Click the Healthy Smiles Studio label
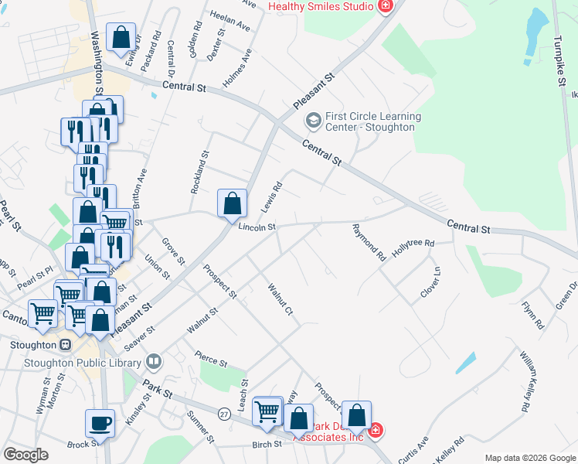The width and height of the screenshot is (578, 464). point(321,6)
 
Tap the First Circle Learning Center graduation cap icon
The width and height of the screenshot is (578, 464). point(313,120)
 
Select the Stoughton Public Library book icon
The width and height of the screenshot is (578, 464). point(155,361)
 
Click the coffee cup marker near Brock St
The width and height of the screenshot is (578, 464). point(100,423)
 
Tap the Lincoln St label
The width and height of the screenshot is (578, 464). point(257,227)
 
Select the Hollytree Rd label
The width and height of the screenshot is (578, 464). point(413,244)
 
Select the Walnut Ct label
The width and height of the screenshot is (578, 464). point(280,300)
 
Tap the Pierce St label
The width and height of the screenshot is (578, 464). point(211,361)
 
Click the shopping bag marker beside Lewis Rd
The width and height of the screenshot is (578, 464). point(232,204)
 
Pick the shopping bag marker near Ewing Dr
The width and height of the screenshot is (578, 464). point(121,37)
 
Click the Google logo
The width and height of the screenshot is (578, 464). point(25,455)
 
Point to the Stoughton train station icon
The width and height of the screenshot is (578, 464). point(66,344)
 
